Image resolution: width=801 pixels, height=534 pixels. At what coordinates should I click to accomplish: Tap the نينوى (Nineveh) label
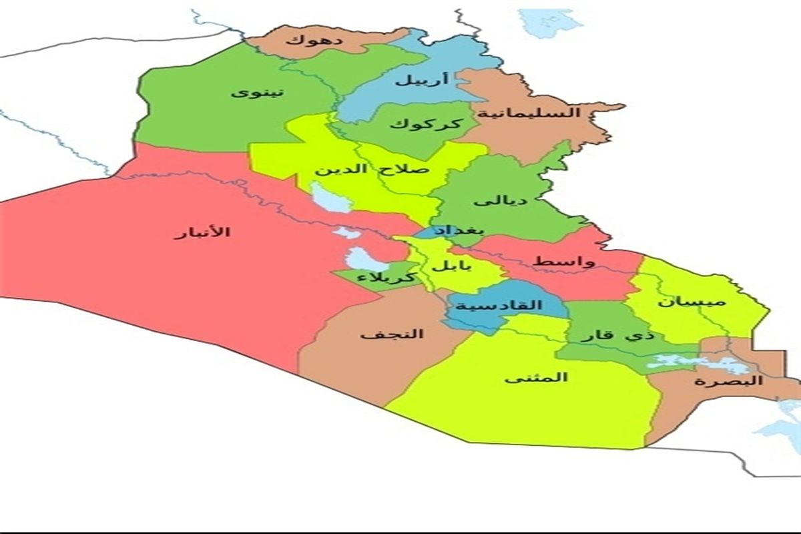pyautogui.click(x=257, y=92)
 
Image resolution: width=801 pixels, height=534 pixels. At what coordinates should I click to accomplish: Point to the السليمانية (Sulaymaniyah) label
pyautogui.click(x=543, y=112)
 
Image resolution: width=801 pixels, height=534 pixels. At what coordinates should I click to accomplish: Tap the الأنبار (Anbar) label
pyautogui.click(x=202, y=232)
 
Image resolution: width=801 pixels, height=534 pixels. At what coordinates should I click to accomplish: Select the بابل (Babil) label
pyautogui.click(x=451, y=265)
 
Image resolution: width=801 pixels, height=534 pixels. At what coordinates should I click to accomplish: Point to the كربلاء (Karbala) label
pyautogui.click(x=388, y=276)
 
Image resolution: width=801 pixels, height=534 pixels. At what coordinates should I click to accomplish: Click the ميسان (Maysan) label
pyautogui.click(x=690, y=302)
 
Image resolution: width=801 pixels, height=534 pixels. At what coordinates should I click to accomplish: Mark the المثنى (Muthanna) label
pyautogui.click(x=536, y=377)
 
